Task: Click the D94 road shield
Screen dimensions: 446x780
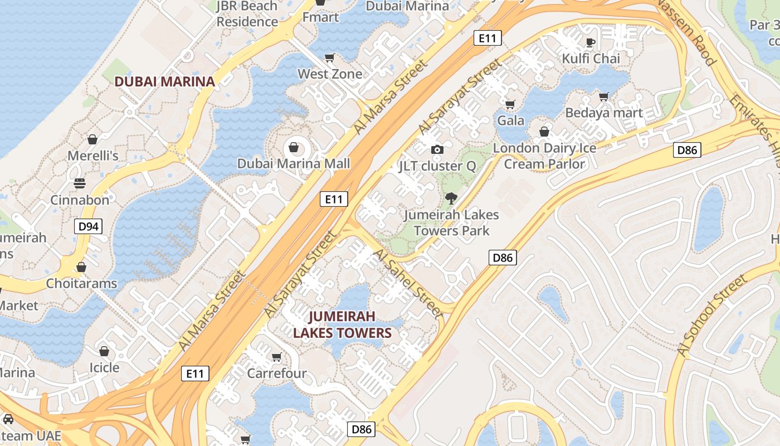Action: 89,226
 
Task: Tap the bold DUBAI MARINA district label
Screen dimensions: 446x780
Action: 164,81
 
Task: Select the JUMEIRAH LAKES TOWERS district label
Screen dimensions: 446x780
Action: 342,324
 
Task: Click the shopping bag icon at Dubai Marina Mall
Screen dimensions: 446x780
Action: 293,148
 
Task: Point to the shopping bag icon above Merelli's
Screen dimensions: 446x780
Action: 92,139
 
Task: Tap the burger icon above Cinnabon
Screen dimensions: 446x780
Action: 79,183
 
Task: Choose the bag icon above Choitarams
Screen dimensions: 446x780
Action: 81,267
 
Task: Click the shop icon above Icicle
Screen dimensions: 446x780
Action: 104,351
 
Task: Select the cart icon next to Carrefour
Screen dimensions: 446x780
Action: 276,357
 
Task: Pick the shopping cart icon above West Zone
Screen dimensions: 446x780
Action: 329,57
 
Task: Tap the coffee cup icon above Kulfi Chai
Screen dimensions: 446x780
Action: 591,42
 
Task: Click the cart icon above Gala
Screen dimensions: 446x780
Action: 510,104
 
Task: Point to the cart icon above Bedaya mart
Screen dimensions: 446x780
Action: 604,96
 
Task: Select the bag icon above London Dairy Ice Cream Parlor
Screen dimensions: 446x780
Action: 544,132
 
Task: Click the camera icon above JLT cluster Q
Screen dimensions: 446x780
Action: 437,149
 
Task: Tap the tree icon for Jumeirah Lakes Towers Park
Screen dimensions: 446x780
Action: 451,198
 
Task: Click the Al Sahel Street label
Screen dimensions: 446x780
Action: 408,284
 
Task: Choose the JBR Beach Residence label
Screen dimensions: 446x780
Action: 247,14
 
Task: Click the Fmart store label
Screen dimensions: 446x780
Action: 320,17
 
